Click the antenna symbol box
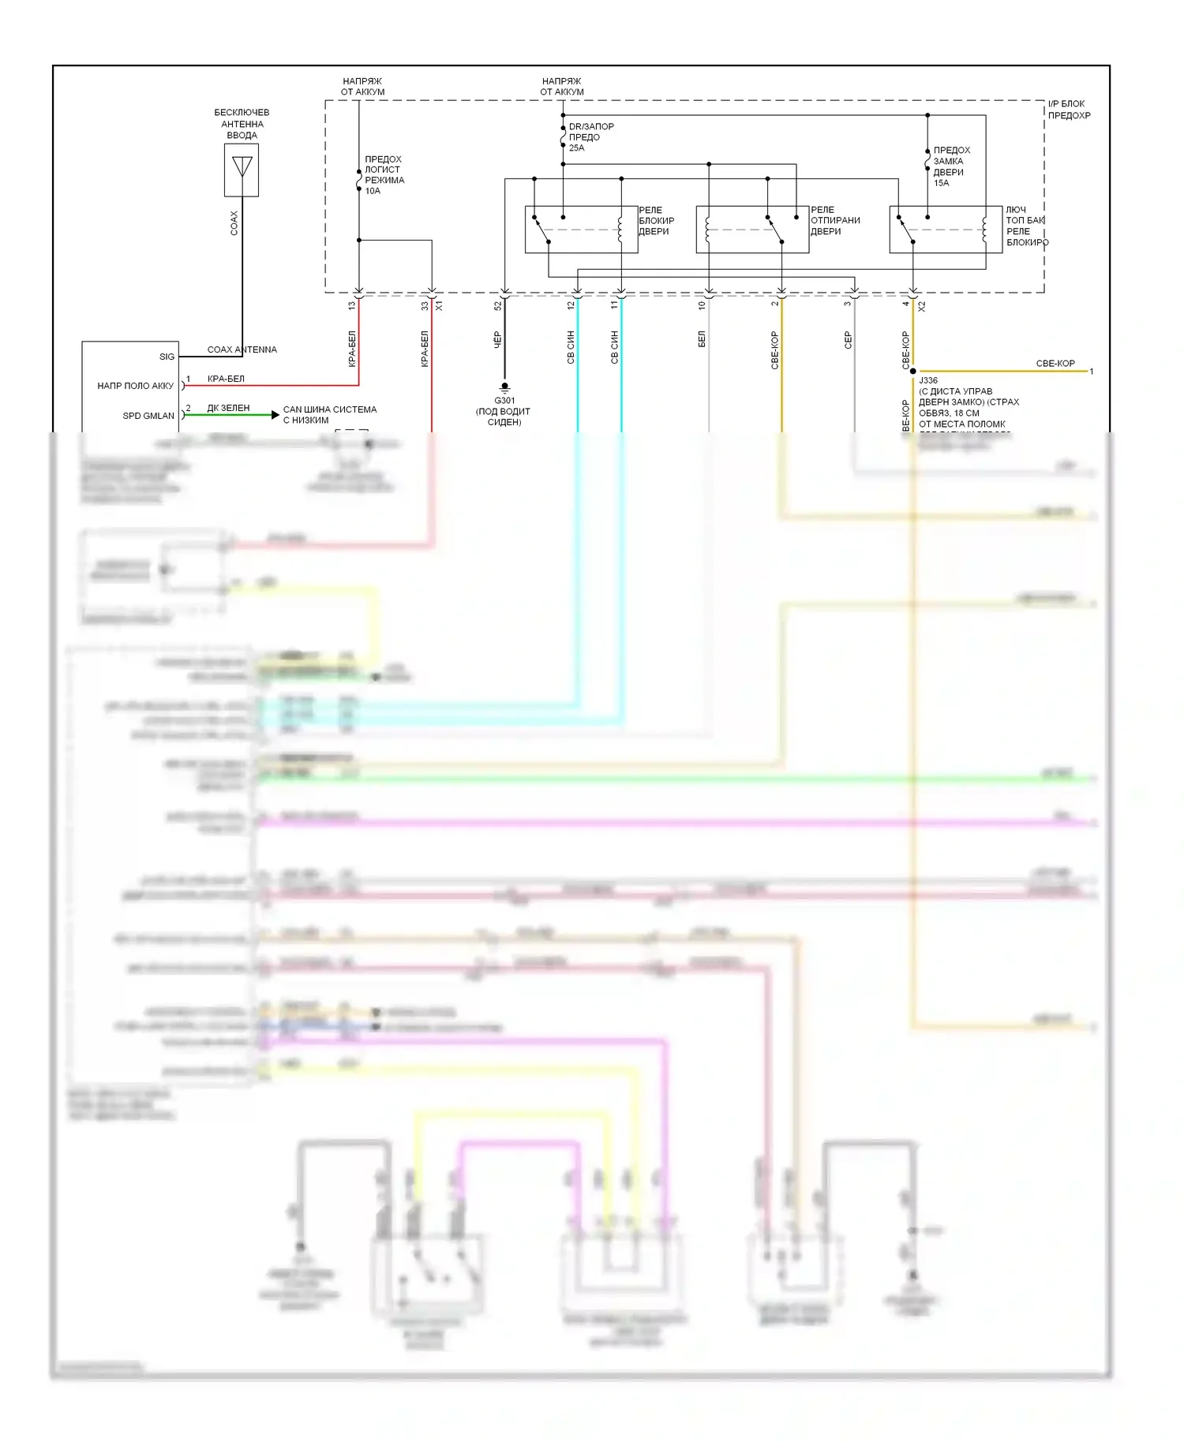(x=242, y=170)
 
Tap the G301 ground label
(x=504, y=401)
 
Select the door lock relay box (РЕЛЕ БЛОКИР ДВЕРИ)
(x=581, y=230)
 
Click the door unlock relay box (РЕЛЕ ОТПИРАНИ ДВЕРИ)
(x=752, y=230)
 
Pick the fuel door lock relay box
(x=946, y=230)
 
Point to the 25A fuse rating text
(x=577, y=148)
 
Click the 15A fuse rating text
(x=942, y=183)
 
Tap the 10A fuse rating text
(x=373, y=191)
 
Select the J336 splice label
(x=928, y=380)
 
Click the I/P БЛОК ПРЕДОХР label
(x=1069, y=110)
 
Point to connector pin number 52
(x=498, y=305)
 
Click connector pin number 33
(x=425, y=305)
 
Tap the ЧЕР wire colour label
(x=498, y=340)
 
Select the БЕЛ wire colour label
(x=702, y=339)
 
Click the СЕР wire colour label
(x=848, y=340)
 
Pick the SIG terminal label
(x=167, y=357)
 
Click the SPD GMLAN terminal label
(x=148, y=416)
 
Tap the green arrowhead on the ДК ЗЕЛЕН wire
(x=275, y=415)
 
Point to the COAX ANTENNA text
(x=242, y=349)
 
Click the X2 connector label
(x=921, y=306)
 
